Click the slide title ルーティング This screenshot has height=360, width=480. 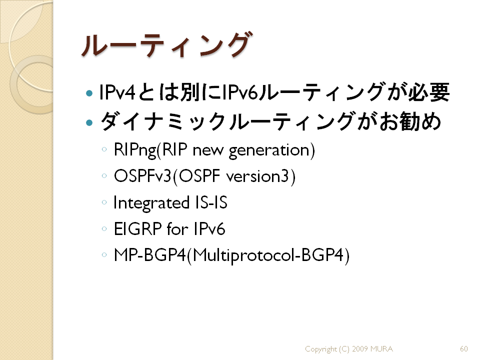point(167,45)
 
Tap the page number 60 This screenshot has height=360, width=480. point(464,348)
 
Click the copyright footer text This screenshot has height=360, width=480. point(349,349)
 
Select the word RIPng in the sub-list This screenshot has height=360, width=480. point(135,150)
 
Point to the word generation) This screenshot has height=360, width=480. point(272,150)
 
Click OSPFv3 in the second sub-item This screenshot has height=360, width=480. point(142,176)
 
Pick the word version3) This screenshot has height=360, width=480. point(261,176)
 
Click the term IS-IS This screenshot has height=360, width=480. point(211,202)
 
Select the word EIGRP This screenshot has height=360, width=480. point(137,229)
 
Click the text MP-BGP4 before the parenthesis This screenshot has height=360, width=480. point(149,255)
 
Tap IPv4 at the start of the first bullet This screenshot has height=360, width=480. point(117,92)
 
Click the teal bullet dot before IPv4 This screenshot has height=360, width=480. point(89,93)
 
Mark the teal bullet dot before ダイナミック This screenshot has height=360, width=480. point(89,123)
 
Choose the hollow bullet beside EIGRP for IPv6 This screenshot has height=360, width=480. point(104,228)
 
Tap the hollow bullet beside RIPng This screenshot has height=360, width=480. point(104,149)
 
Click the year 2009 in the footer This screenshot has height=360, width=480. point(359,348)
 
